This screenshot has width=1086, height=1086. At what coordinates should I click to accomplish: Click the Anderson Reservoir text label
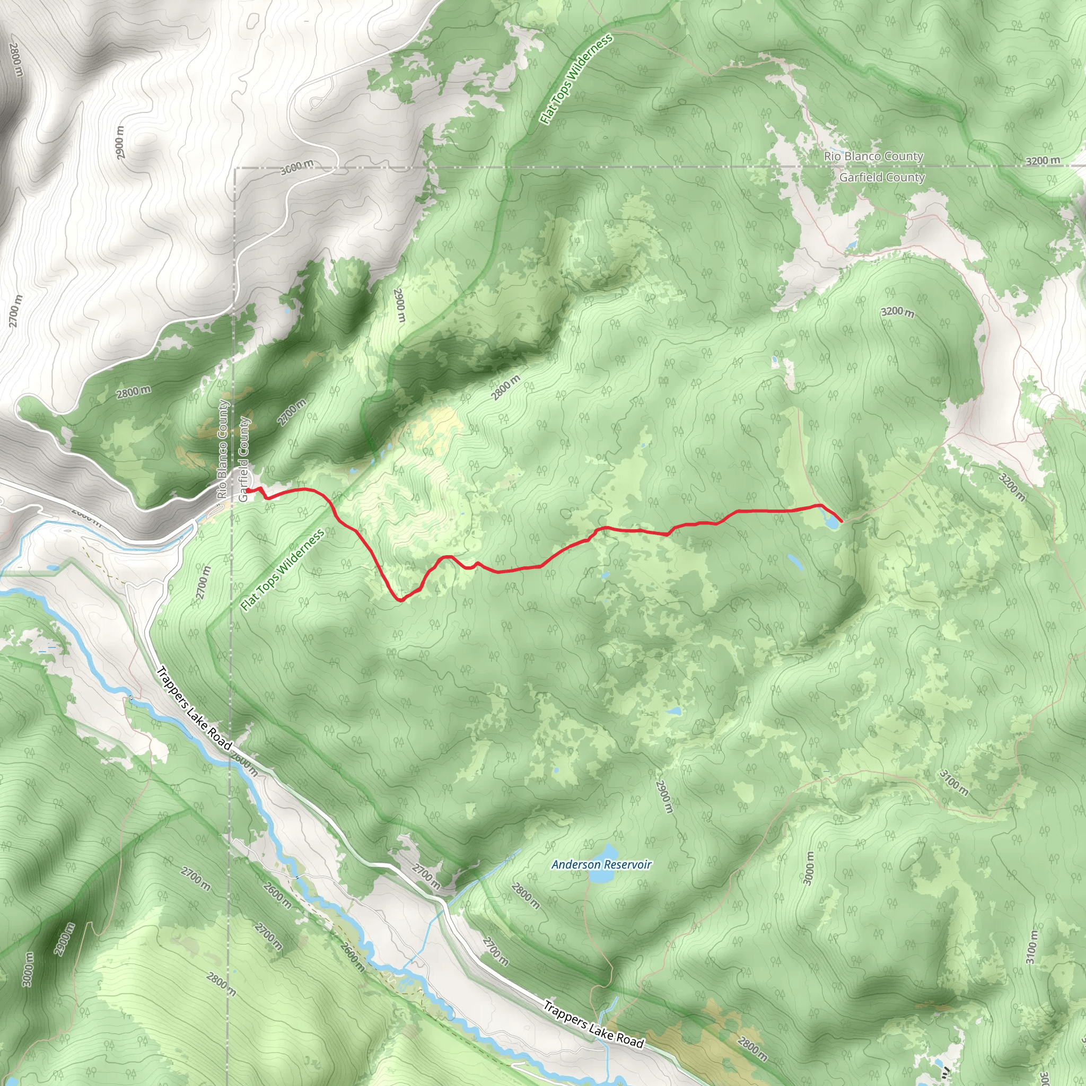click(601, 864)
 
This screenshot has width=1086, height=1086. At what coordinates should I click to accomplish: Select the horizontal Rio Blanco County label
click(873, 156)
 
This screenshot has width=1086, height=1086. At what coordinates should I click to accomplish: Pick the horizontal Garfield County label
click(881, 178)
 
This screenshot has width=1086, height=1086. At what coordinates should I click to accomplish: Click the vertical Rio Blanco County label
click(223, 449)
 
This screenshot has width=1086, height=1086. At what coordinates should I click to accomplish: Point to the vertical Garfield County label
click(243, 459)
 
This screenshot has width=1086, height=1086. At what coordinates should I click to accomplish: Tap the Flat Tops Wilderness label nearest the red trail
click(282, 570)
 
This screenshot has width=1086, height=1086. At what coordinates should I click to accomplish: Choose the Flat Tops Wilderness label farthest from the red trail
click(576, 78)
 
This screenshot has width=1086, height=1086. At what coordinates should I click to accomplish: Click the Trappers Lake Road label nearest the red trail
click(194, 708)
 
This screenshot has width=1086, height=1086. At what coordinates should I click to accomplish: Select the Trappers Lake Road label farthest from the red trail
click(593, 1024)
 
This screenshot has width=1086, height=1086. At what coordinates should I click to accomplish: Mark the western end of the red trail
click(247, 491)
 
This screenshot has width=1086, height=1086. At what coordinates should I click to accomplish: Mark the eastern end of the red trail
click(841, 521)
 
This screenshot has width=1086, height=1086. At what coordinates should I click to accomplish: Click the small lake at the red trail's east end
click(831, 522)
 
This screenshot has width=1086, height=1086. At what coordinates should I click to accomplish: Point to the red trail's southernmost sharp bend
click(400, 600)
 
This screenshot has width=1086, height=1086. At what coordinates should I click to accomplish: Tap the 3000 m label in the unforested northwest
click(297, 167)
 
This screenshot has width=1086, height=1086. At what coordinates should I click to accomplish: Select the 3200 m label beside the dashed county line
click(1043, 161)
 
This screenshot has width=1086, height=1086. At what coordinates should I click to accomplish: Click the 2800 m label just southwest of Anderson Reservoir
click(526, 896)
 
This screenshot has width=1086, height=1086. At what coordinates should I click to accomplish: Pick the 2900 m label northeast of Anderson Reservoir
click(664, 796)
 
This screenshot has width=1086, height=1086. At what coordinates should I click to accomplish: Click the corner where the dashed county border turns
click(235, 168)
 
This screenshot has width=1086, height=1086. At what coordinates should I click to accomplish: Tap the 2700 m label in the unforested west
click(16, 310)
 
